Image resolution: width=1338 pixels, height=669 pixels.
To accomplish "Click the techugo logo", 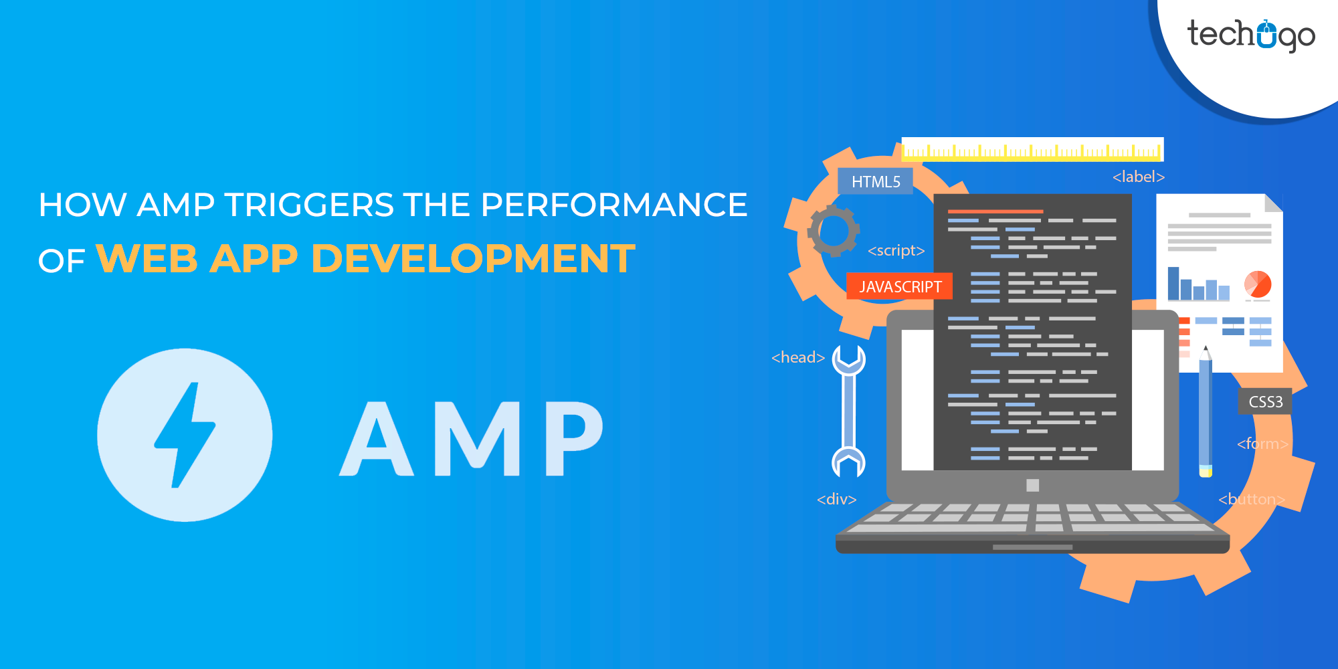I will pyautogui.click(x=1250, y=35).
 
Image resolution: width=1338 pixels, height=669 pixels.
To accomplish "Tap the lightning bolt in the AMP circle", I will pyautogui.click(x=185, y=435).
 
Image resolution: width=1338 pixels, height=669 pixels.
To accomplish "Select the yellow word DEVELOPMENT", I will pyautogui.click(x=473, y=258).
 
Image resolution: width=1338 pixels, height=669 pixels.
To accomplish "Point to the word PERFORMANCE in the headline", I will pyautogui.click(x=613, y=205).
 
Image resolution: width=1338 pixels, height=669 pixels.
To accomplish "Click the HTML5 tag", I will pyautogui.click(x=875, y=181).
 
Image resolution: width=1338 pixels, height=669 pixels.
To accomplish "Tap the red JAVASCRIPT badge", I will pyautogui.click(x=899, y=286).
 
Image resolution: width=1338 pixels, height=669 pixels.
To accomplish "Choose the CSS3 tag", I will pyautogui.click(x=1265, y=401).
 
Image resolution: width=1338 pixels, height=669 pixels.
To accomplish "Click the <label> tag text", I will pyautogui.click(x=1138, y=177).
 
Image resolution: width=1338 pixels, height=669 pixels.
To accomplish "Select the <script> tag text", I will pyautogui.click(x=896, y=250).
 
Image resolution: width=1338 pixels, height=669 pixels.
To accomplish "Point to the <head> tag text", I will pyautogui.click(x=797, y=357).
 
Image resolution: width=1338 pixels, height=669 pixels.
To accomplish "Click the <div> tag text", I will pyautogui.click(x=836, y=499).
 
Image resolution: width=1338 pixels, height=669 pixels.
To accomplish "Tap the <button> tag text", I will pyautogui.click(x=1251, y=499).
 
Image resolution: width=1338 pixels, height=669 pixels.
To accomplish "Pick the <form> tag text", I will pyautogui.click(x=1262, y=444).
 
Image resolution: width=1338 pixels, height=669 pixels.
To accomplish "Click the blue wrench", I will pyautogui.click(x=848, y=411).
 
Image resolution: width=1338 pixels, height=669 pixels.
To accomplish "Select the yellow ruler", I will pyautogui.click(x=1032, y=149).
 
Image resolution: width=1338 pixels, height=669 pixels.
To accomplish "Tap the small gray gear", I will pyautogui.click(x=834, y=231).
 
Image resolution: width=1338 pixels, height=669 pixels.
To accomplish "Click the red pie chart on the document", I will pyautogui.click(x=1258, y=284).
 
